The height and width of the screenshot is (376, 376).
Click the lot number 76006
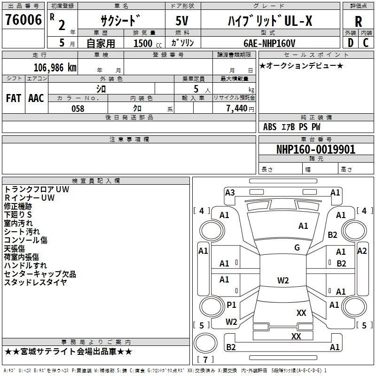coord(23,20)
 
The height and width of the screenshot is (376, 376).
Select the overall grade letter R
coord(358,22)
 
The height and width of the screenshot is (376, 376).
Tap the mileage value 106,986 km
coord(55,68)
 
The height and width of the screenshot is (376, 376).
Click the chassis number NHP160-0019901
coord(316,149)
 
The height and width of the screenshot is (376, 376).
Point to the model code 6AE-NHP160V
coord(269,43)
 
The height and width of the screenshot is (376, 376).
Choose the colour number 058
coord(78,109)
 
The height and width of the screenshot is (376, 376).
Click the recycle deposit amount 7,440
coord(237,109)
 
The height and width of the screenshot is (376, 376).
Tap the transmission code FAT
coord(14,98)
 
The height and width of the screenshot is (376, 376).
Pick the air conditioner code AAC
coord(36,98)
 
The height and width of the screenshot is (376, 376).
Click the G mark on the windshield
coord(297,248)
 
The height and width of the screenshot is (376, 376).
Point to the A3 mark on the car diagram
coord(230,193)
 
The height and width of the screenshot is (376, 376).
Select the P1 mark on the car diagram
coord(231,305)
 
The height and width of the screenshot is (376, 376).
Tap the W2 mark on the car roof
coord(283,280)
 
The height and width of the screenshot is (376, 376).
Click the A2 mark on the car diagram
coord(362,251)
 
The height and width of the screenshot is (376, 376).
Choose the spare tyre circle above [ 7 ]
coord(205,343)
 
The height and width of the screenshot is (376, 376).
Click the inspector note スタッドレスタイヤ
coord(35,282)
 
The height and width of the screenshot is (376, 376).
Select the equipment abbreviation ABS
coord(270,127)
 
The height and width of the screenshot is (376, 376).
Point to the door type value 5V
coord(182,21)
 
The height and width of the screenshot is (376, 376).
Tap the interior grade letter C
coord(366,43)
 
